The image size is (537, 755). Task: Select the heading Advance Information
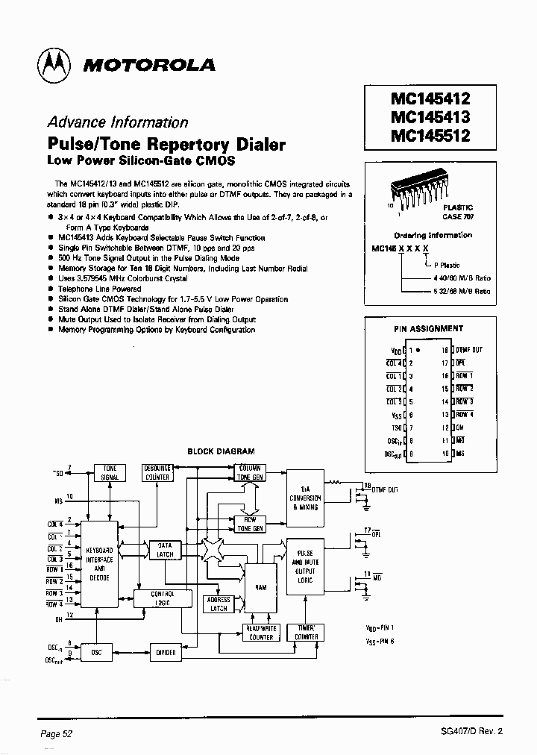[117, 122]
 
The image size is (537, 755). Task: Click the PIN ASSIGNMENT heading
[428, 328]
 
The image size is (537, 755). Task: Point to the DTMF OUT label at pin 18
[469, 349]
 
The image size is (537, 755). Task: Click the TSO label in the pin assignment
[396, 427]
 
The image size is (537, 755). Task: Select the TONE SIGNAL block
[110, 473]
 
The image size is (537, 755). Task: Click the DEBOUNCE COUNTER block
[157, 473]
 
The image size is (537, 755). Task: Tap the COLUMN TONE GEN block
[250, 473]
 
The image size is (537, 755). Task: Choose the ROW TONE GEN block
[250, 524]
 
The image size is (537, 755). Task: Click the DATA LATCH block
[165, 550]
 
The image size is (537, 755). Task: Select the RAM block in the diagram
[260, 587]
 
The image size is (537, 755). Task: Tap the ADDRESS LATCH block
[219, 604]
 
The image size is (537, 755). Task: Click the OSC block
[96, 652]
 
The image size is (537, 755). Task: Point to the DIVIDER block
[166, 652]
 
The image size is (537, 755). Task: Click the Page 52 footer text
[56, 734]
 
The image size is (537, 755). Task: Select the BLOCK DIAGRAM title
[221, 451]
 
